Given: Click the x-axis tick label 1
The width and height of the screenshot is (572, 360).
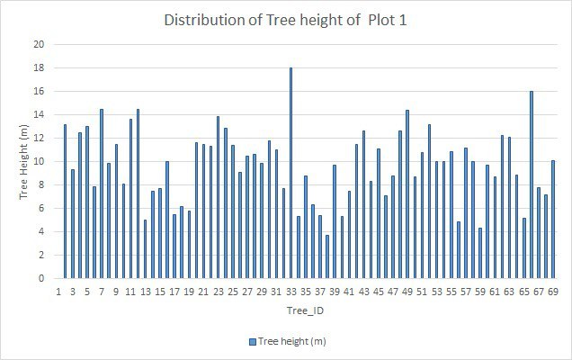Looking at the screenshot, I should pyautogui.click(x=58, y=292).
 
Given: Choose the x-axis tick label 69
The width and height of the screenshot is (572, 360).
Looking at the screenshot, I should pyautogui.click(x=553, y=292).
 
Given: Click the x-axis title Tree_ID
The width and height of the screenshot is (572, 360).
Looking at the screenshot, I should pyautogui.click(x=305, y=309).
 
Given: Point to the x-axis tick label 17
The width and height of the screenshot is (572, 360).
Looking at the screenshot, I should pyautogui.click(x=174, y=292).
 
